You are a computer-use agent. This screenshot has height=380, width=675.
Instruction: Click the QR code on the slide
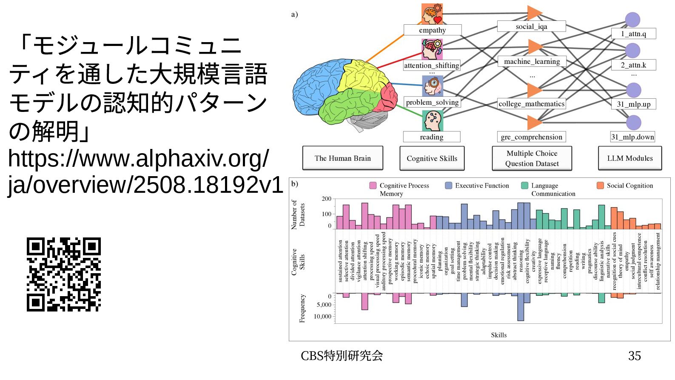[x=64, y=274]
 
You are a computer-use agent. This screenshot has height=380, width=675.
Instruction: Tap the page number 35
[x=634, y=356]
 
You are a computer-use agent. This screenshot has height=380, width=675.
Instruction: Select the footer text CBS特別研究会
[x=342, y=356]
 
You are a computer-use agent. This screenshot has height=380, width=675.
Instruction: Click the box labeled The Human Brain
[x=342, y=158]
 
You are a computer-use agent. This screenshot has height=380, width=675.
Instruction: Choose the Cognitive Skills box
[x=432, y=158]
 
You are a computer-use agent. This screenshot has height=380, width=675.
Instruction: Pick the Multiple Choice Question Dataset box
[x=532, y=158]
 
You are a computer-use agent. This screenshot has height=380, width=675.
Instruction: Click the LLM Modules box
[x=629, y=158]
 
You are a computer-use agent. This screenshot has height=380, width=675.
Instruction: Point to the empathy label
[x=432, y=30]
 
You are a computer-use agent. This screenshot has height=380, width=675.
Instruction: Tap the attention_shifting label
[x=432, y=66]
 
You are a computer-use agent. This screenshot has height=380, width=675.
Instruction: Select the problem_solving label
[x=432, y=102]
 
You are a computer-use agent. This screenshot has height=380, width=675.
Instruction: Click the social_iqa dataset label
[x=531, y=26]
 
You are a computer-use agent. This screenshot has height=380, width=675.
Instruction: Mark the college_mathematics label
[x=531, y=104]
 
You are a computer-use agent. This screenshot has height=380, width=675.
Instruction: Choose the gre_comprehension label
[x=531, y=137]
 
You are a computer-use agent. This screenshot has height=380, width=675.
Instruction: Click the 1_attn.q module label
[x=633, y=34]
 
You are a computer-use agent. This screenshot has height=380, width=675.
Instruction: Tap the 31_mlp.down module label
[x=632, y=137]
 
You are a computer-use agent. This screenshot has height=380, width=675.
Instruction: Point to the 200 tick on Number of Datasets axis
[x=326, y=199]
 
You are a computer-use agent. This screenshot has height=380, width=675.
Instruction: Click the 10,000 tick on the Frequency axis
[x=322, y=316]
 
